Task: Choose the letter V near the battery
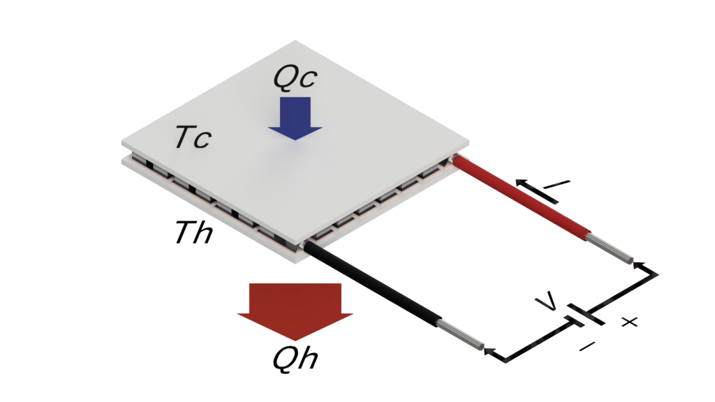point(549,301)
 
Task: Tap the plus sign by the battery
point(630,322)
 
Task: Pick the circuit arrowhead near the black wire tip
point(489,350)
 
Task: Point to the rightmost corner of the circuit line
point(657,275)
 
